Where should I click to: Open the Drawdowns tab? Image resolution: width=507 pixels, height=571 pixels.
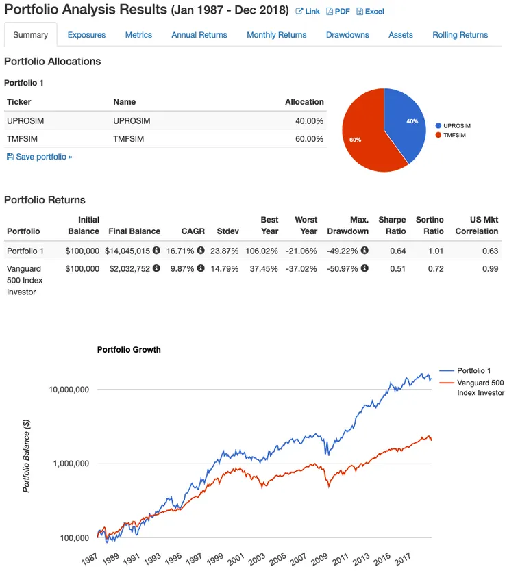point(347,35)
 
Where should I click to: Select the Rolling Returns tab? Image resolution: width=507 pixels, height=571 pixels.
point(460,35)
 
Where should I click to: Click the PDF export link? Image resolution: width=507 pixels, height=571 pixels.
point(338,12)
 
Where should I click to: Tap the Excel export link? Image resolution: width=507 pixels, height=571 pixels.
point(370,12)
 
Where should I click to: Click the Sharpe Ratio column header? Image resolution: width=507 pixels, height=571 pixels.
point(392,225)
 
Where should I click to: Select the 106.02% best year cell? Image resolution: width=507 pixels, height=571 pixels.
point(263,251)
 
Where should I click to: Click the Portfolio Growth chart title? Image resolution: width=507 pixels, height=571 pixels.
point(129,349)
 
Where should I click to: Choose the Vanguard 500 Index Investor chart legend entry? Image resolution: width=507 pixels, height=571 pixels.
point(480,388)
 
